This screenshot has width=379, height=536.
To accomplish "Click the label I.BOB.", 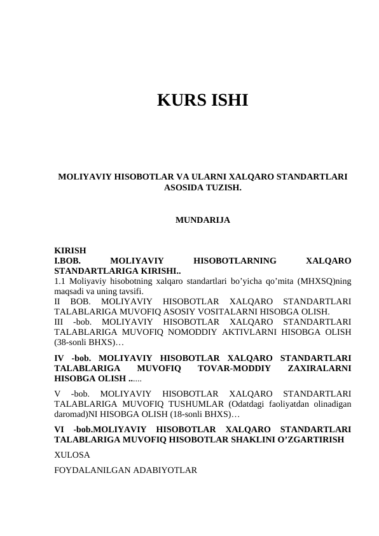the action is tap(67, 260).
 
